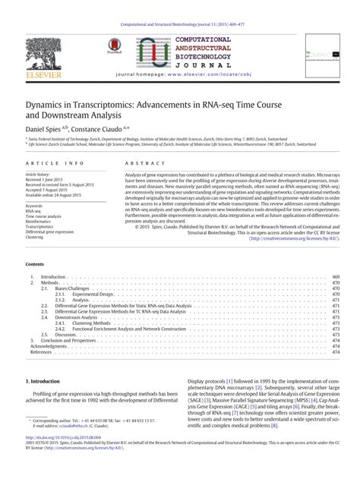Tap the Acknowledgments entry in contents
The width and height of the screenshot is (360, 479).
(x=46, y=347)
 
